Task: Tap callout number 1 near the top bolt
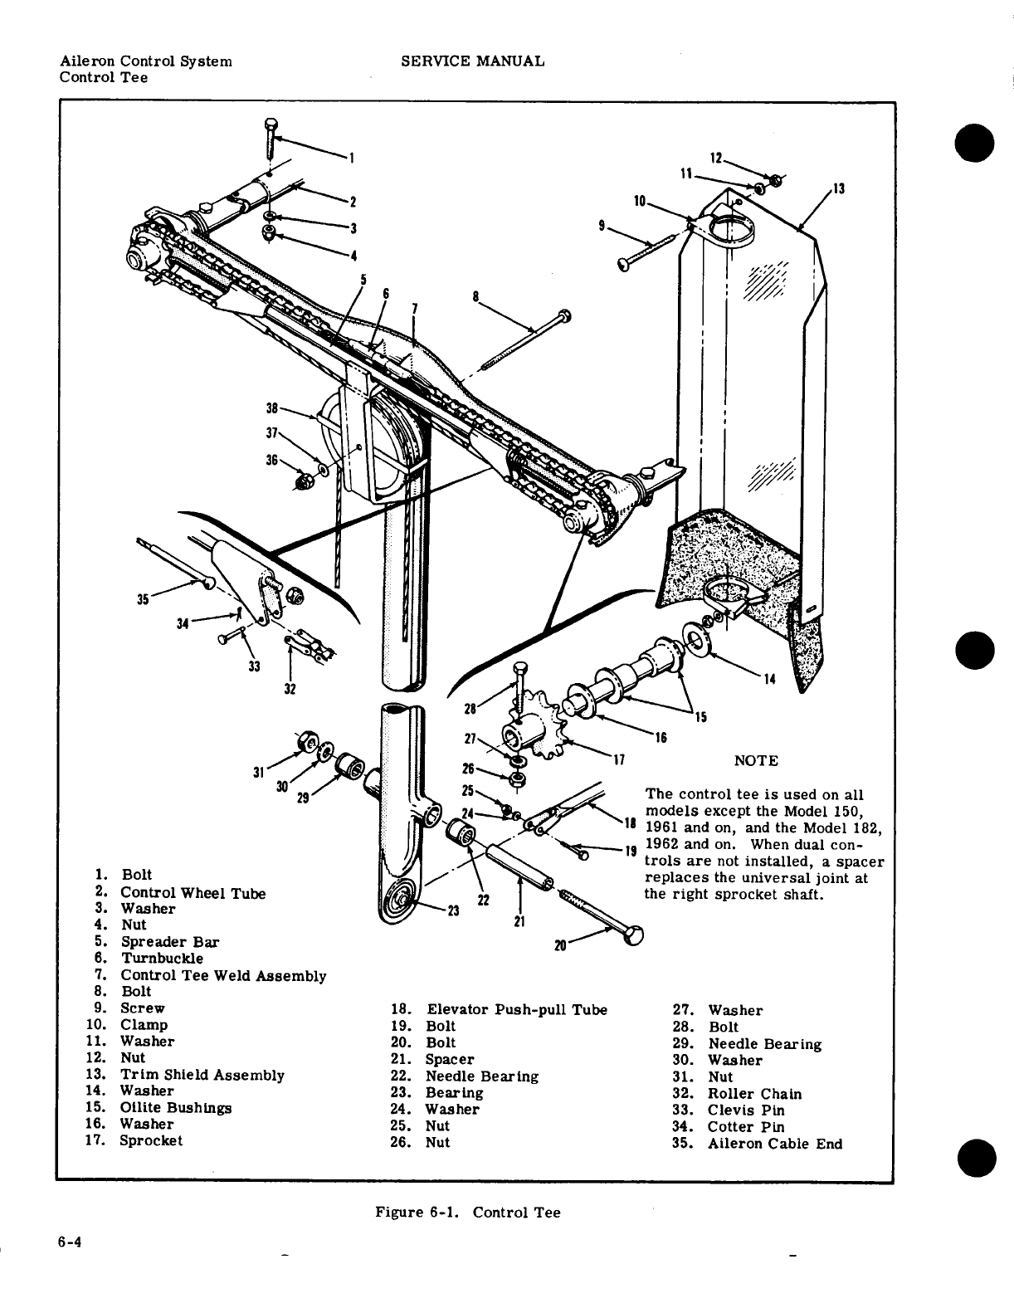point(351,156)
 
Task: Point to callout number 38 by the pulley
point(271,408)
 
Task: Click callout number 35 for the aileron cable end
point(144,598)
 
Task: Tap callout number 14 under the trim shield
point(768,680)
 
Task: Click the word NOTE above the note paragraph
point(757,760)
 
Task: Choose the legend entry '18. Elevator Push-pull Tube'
point(499,1009)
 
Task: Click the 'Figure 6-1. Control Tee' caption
point(468,1213)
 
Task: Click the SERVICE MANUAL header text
point(472,61)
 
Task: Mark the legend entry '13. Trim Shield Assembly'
point(185,1075)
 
